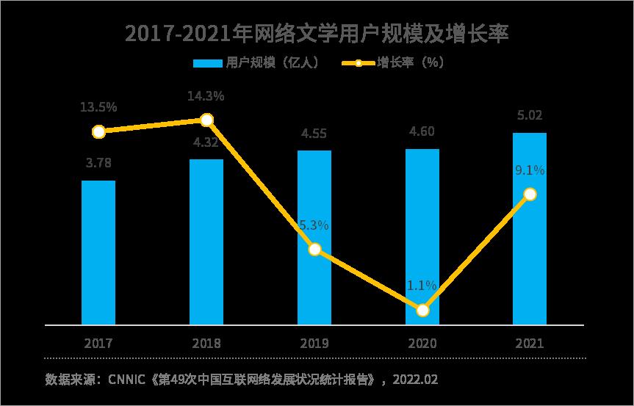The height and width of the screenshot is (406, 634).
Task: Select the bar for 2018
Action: pos(206,242)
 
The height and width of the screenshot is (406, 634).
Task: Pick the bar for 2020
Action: pos(422,236)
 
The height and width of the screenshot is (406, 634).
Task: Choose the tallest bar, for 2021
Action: pos(530,228)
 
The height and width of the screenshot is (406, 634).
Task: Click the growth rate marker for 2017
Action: pos(99,131)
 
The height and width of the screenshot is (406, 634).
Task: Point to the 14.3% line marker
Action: pos(206,120)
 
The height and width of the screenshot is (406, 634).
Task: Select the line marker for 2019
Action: pos(314,250)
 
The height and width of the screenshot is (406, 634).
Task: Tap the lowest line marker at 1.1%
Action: pos(422,311)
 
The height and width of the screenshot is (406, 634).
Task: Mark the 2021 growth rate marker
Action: pos(530,194)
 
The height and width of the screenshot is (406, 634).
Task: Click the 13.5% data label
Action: pos(98,106)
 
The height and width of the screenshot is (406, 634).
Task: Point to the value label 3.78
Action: pos(98,163)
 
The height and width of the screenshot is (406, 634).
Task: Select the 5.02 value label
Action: pos(530,115)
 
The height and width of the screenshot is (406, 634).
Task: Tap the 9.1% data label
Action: pos(530,170)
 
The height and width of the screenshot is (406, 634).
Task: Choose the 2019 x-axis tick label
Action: pos(314,343)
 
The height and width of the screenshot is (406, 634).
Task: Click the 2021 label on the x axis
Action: pos(530,343)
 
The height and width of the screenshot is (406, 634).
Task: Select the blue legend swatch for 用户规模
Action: pos(207,63)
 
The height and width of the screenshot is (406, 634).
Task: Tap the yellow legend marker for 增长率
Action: pos(359,63)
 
